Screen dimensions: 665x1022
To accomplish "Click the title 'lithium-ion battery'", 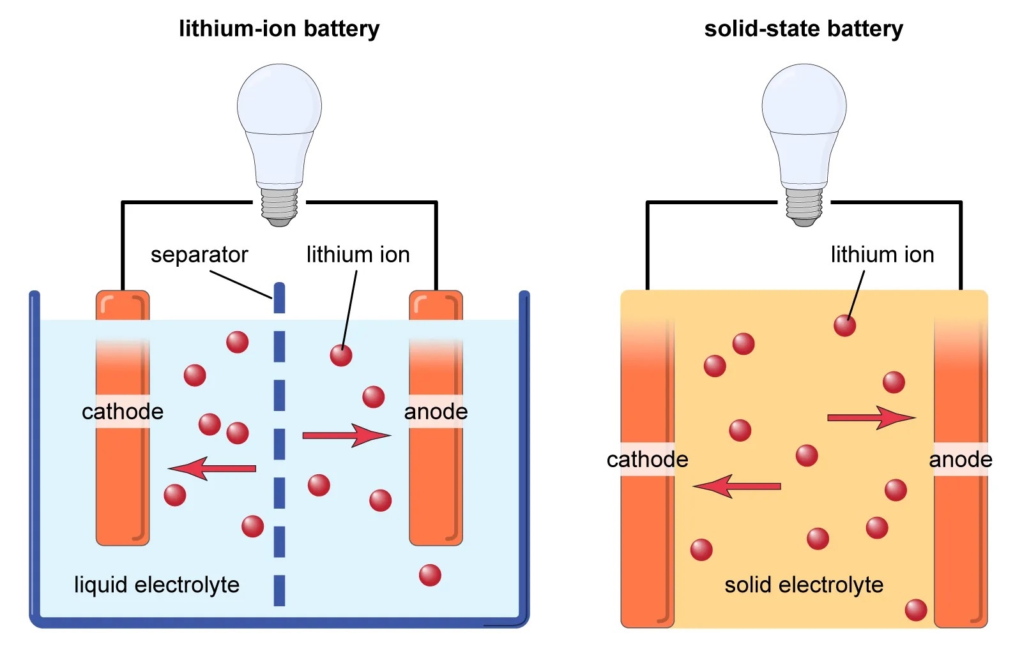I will point(279,29).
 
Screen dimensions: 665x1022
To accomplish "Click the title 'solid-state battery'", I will point(804,29).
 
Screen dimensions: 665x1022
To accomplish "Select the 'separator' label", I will point(199,255).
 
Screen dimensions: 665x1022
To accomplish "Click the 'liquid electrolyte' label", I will point(156,585).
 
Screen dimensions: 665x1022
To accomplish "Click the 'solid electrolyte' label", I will point(804,585).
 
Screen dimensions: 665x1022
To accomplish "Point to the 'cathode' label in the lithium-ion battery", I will point(123,412).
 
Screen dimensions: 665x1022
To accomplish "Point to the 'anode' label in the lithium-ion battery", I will point(436,412).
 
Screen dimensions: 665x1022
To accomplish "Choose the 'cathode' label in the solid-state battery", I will point(647,460).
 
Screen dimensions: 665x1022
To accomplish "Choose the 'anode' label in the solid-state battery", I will point(961,460).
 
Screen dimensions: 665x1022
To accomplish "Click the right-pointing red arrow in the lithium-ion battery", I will point(346,435).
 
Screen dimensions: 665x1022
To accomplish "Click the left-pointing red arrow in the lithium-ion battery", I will point(212,468).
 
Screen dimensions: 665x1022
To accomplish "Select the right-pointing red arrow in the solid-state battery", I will point(871,418).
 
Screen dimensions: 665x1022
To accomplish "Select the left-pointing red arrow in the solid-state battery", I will point(737,486).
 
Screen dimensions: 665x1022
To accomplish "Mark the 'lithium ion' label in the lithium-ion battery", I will point(358,255).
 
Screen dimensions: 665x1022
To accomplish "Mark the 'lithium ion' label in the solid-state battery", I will point(882,255).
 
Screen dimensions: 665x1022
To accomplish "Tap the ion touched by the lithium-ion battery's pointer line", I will point(341,355).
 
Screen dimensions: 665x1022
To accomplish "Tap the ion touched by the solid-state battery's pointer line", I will point(844,325).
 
